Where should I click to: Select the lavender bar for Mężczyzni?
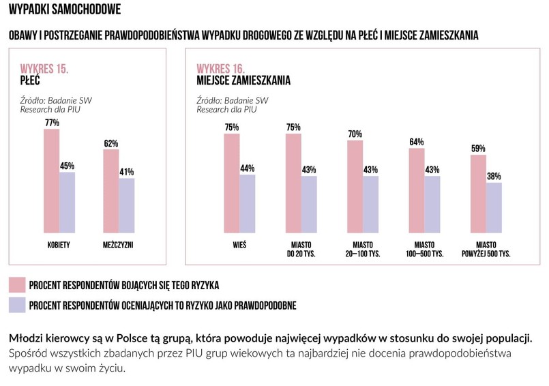(127, 204)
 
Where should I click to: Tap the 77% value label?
(52, 123)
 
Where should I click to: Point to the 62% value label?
(111, 143)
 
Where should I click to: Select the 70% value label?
(355, 134)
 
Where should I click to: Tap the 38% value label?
(494, 177)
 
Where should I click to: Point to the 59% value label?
(478, 149)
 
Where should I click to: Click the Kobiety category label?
(59, 245)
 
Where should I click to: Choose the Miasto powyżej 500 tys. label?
(486, 249)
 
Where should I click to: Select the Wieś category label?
(239, 245)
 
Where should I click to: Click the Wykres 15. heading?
(44, 69)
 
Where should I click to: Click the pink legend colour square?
(17, 284)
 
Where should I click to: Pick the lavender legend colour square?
(17, 304)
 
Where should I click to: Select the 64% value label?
(416, 142)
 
